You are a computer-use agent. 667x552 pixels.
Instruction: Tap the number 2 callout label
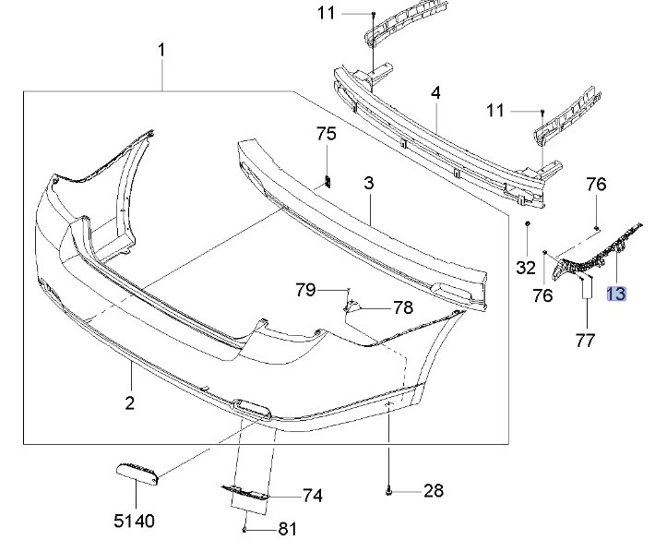130,402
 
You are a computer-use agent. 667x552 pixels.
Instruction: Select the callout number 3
368,184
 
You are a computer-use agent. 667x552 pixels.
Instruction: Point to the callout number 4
435,93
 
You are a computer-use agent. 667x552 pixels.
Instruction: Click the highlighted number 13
615,294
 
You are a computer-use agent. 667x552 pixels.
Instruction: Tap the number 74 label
312,496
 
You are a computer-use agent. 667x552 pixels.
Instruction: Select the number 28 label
434,491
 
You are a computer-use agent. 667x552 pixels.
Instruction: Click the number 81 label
288,529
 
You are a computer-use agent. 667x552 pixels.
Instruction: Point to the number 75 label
327,135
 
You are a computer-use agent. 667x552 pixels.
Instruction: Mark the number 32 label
526,269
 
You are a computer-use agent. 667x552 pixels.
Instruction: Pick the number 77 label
585,341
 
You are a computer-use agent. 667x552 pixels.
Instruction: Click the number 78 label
403,307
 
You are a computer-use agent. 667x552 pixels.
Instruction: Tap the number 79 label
305,290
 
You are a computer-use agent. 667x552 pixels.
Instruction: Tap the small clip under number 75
327,179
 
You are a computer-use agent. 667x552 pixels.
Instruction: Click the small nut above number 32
526,223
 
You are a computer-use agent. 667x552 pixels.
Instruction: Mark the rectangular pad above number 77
585,288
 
